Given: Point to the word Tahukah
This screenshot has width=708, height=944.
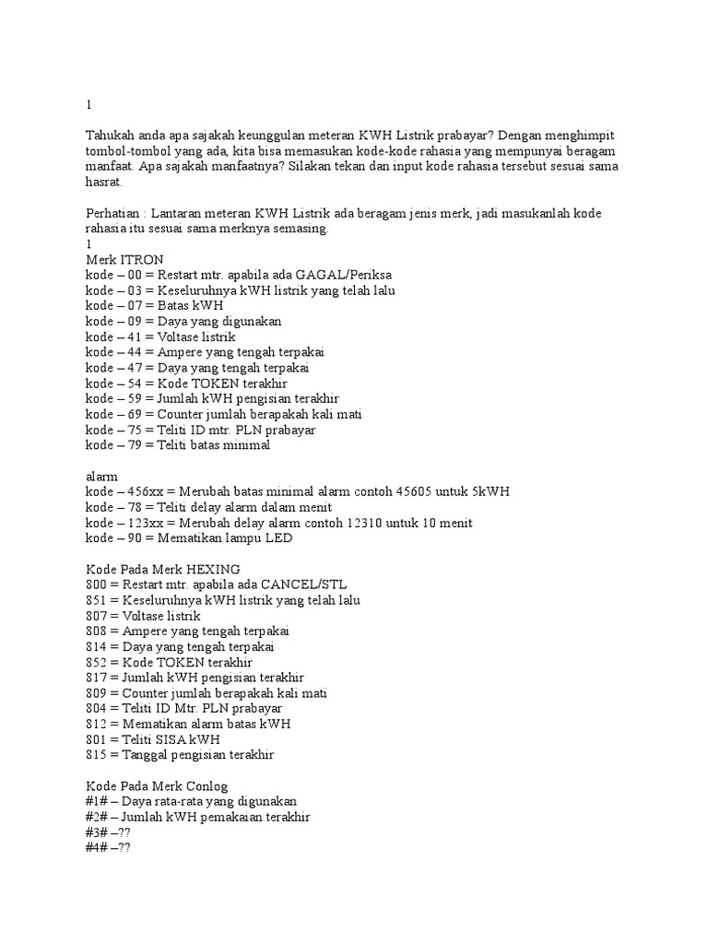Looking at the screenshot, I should click(x=110, y=135).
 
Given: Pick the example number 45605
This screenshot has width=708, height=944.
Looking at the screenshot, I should click(x=413, y=491).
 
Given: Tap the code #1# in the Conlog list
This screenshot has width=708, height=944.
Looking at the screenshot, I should click(x=96, y=801).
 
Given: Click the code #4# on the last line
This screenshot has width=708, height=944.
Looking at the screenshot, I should click(x=96, y=847).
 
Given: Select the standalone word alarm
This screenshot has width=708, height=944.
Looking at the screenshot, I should click(x=102, y=476).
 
